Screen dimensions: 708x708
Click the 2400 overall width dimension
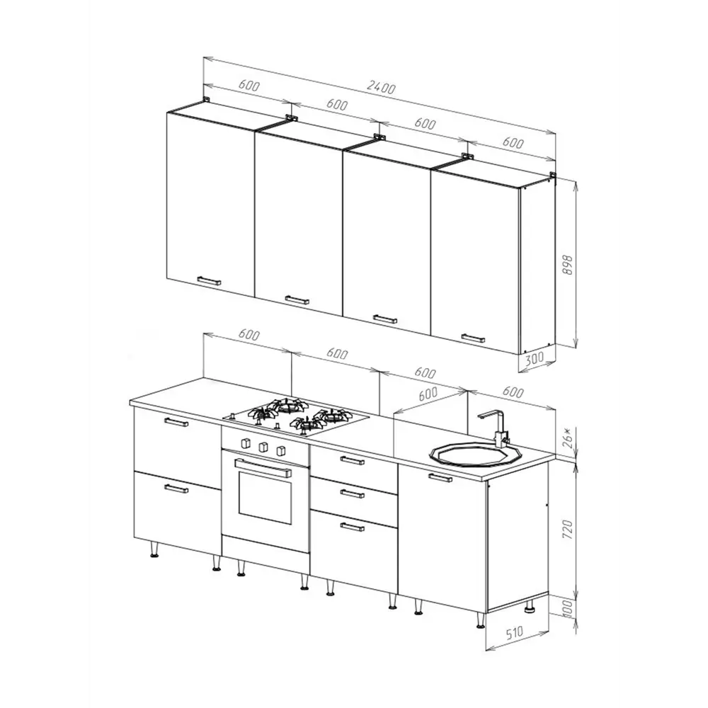point(381,87)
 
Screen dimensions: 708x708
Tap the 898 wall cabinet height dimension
point(568,265)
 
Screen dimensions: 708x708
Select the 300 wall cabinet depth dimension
point(535,359)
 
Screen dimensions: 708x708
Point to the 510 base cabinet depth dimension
point(514,632)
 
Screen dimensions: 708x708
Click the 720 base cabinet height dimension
point(568,530)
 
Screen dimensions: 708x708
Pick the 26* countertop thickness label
point(568,438)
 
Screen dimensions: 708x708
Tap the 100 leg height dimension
point(568,609)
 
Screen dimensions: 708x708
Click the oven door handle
point(263,467)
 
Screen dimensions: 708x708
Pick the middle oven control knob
point(263,447)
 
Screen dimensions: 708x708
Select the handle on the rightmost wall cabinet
point(473,338)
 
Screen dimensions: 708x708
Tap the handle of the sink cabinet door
point(440,477)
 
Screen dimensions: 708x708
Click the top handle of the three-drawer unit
point(352,461)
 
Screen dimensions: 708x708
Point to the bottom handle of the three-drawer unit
point(352,526)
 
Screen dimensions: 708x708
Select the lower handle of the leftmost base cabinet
point(176,488)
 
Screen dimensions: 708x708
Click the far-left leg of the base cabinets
point(154,549)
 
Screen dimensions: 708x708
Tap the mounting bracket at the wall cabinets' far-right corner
point(553,175)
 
